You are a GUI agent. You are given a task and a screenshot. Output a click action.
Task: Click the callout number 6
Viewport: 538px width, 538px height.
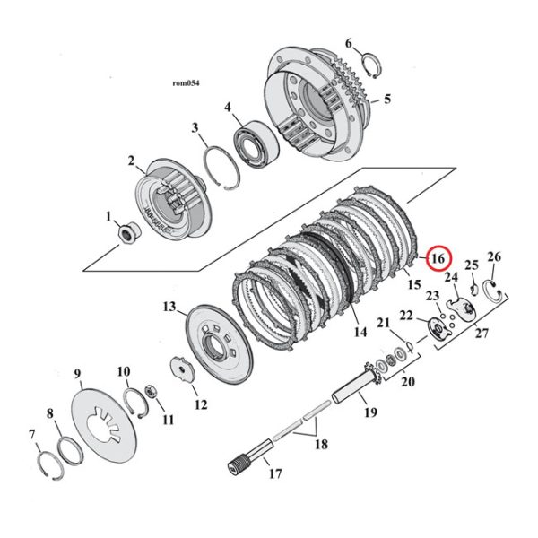click(350, 43)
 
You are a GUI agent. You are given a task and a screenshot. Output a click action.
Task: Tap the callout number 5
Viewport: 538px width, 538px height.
click(387, 100)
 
